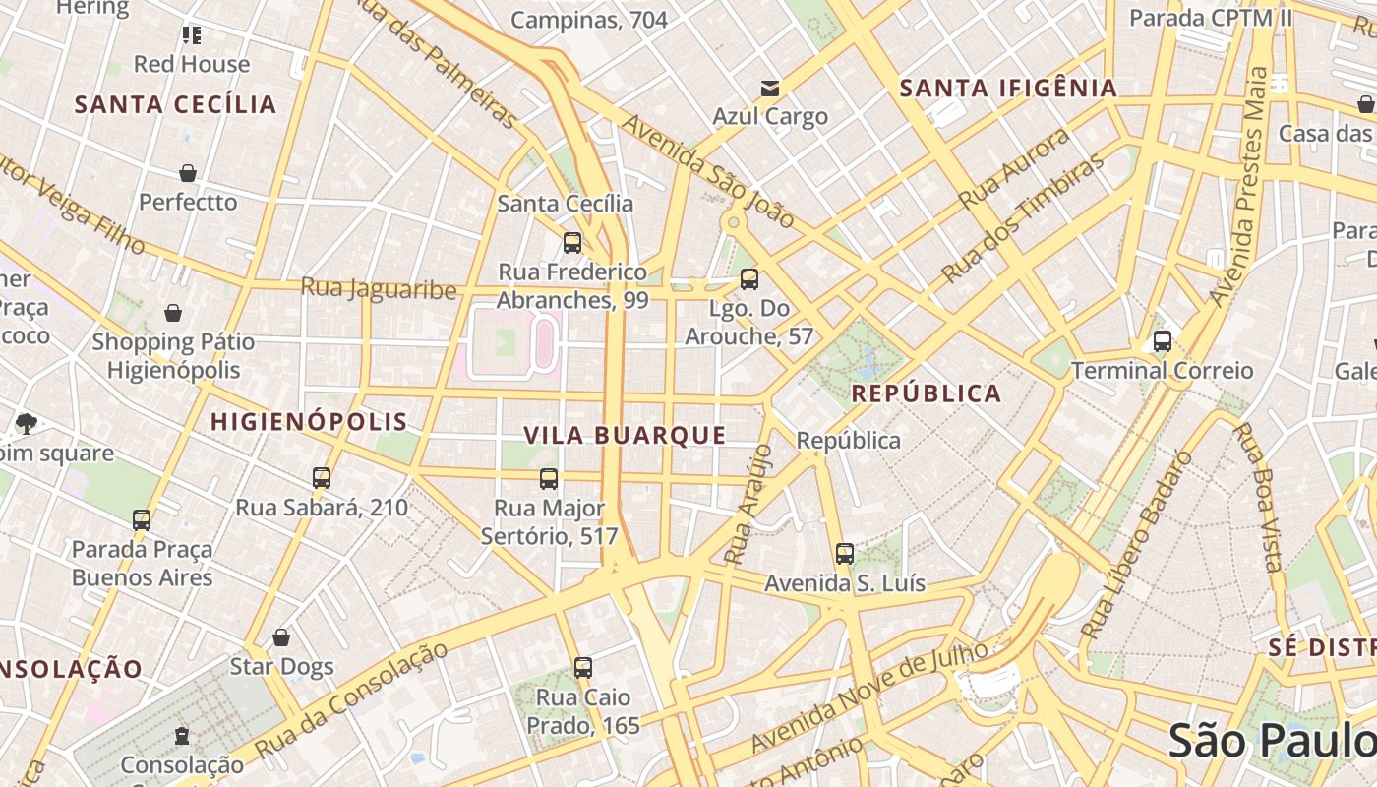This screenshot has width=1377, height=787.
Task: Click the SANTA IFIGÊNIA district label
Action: click(1008, 89)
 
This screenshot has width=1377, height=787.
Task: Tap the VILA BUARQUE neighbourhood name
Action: click(625, 435)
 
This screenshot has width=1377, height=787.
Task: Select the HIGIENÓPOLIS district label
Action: click(309, 422)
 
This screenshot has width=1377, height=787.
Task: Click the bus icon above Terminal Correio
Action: click(1162, 341)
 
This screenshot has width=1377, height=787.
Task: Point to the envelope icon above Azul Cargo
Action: click(770, 89)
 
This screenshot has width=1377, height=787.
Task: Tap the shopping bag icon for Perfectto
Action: click(188, 174)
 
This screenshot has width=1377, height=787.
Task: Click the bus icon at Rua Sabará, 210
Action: click(321, 478)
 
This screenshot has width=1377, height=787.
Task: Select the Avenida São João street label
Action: click(707, 171)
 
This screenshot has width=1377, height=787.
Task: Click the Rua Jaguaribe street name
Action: click(379, 288)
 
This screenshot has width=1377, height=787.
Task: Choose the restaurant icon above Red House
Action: click(192, 35)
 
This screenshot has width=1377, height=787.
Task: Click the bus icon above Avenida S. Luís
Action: click(844, 554)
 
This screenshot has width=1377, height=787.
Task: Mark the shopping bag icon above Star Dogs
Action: click(281, 637)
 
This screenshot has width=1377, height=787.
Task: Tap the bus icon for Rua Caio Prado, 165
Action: click(583, 668)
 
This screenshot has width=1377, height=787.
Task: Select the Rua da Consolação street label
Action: click(351, 699)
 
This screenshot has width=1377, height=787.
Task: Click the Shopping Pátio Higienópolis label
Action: click(173, 356)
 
